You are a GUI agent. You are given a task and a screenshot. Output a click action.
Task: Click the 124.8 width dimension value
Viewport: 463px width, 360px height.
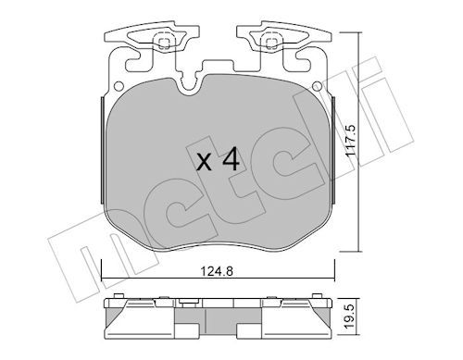(x=217, y=272)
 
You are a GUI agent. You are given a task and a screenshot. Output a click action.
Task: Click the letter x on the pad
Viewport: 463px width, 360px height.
(x=204, y=162)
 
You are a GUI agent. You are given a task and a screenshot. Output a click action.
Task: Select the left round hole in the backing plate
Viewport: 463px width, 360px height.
(x=118, y=86)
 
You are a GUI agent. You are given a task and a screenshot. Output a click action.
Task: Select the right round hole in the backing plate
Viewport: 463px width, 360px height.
(x=317, y=86)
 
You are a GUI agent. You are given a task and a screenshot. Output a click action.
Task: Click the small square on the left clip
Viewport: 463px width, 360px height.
(x=164, y=43)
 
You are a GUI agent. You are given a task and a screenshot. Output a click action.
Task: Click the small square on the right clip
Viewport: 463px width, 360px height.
(x=271, y=43)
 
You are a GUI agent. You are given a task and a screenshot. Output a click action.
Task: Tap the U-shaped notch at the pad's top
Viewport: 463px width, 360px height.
(x=189, y=87)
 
